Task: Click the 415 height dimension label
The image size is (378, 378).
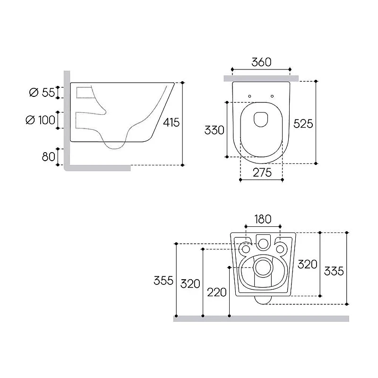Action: coord(171,122)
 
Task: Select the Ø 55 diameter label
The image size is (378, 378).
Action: coord(42,92)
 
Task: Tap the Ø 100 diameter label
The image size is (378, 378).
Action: coord(40,120)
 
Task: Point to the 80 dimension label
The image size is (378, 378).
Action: coord(49,157)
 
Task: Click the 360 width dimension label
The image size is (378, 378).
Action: coord(261,62)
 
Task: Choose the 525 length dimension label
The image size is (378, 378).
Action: coord(303,124)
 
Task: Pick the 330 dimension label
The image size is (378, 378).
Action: coord(215,130)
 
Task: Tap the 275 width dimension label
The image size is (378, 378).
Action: coord(262,172)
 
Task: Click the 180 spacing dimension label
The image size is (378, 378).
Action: coord(263,219)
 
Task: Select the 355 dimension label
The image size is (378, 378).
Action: coord(163,281)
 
